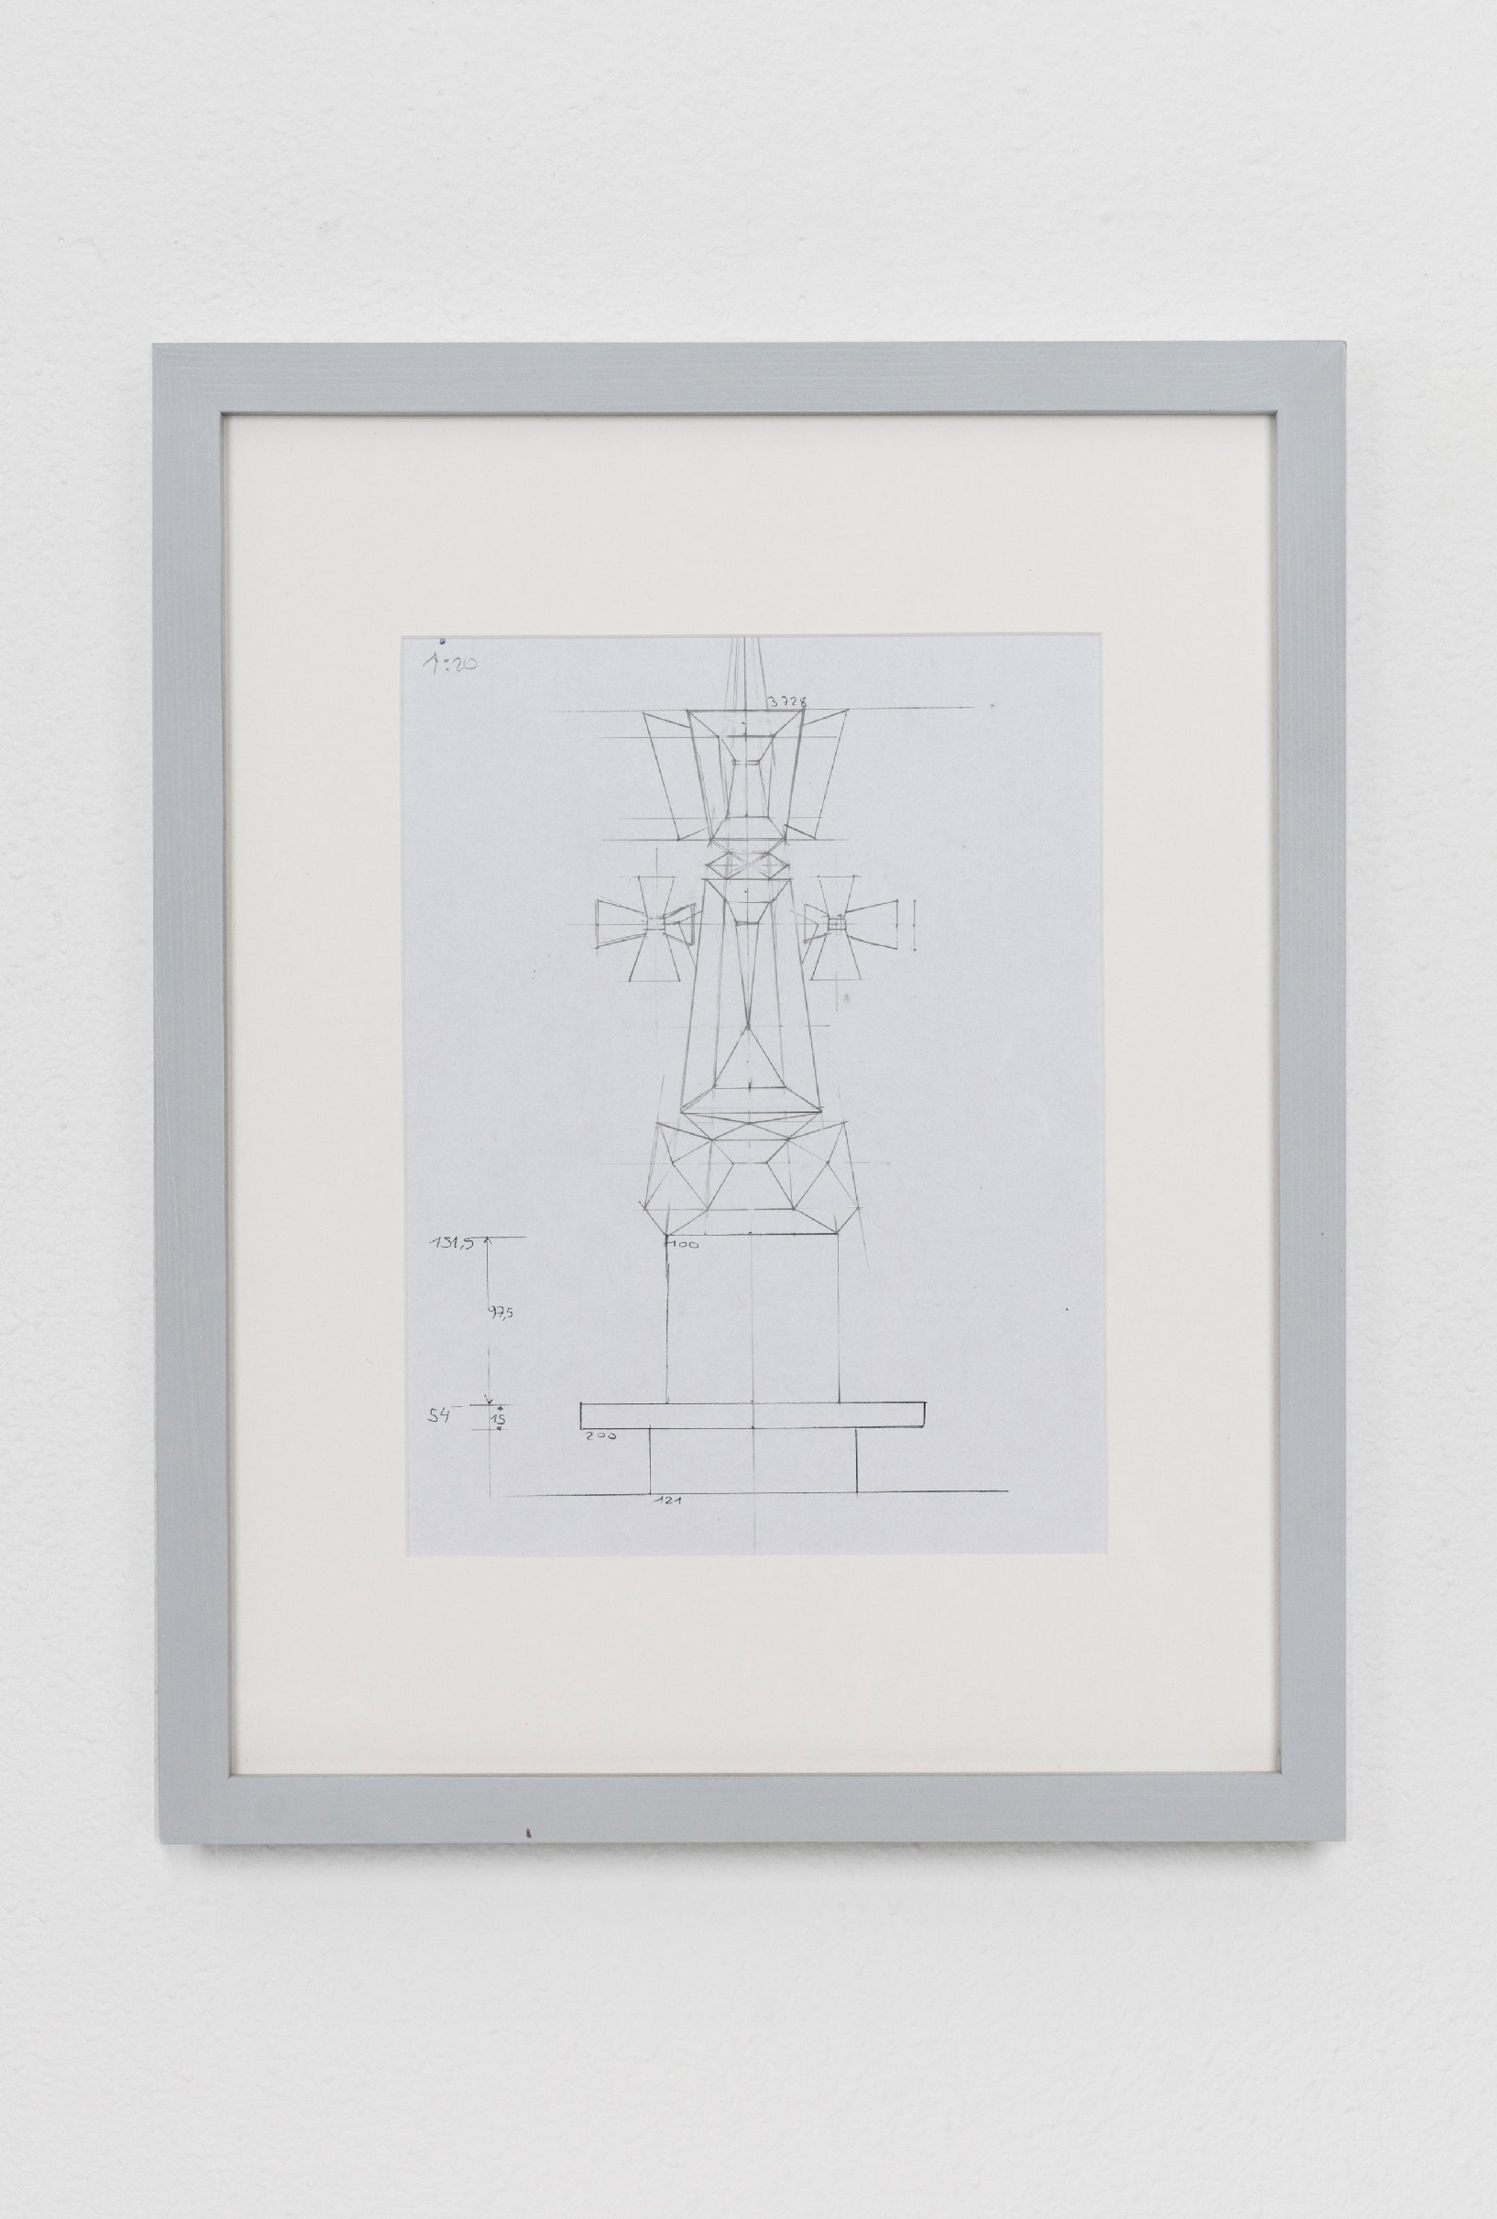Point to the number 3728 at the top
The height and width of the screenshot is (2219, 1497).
(x=788, y=702)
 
